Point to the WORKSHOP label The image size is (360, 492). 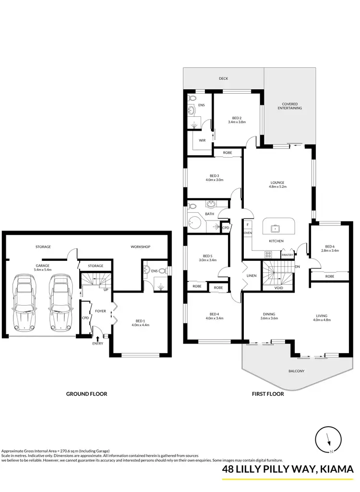141,247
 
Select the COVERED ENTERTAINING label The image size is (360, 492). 290,106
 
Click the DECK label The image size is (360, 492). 223,78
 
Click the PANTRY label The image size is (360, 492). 287,255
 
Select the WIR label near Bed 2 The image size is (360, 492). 196,141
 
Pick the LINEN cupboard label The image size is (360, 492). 252,276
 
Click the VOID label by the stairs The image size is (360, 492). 278,288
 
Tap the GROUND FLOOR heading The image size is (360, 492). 86,394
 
